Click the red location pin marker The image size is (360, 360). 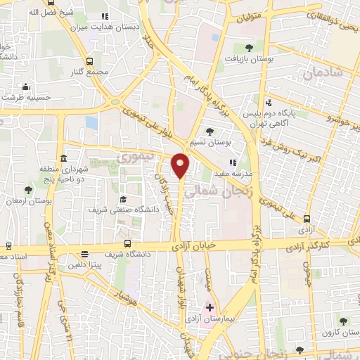pyautogui.click(x=181, y=164)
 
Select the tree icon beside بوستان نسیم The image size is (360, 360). pyautogui.click(x=209, y=131)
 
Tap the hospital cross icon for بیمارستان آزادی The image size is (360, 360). pyautogui.click(x=208, y=308)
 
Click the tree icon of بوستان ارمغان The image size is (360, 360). pyautogui.click(x=28, y=190)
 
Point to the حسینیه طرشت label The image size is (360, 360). pyautogui.click(x=26, y=98)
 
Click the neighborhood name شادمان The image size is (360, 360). pyautogui.click(x=323, y=72)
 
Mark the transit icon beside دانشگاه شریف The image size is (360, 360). pyautogui.click(x=85, y=254)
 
